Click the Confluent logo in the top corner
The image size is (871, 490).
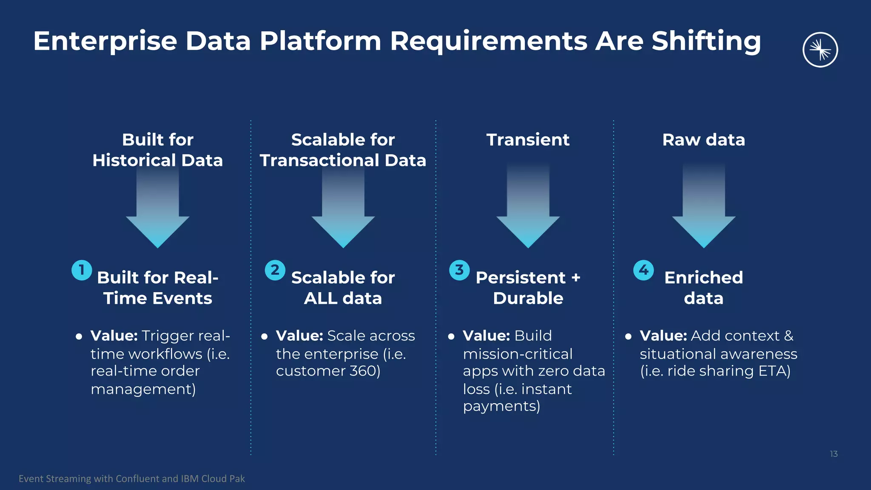(820, 50)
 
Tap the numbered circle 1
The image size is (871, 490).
(82, 270)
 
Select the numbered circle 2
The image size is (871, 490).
(275, 270)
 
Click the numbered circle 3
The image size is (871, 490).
(459, 270)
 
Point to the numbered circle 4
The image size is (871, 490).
(643, 270)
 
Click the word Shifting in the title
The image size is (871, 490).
(706, 42)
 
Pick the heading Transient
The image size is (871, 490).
(528, 140)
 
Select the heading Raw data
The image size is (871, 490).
(703, 140)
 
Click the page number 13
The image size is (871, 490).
(834, 454)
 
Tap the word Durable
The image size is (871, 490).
(528, 298)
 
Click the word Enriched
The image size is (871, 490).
(703, 277)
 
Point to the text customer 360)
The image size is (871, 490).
(328, 371)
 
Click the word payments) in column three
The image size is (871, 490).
(501, 407)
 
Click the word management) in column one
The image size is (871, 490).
(143, 389)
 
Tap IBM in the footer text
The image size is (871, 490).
(190, 479)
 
